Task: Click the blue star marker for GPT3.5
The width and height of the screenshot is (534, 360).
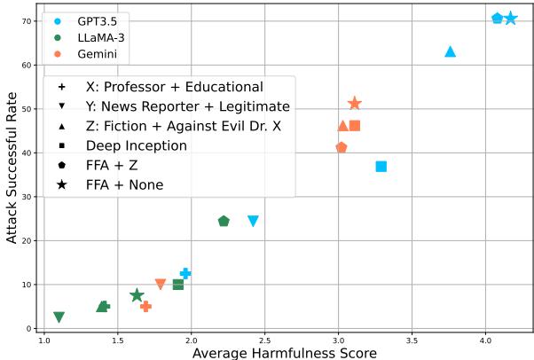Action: [510, 19]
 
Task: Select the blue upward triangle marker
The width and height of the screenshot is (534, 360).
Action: [450, 51]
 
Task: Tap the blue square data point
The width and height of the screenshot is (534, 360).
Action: [381, 166]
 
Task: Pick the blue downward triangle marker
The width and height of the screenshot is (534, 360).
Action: [253, 221]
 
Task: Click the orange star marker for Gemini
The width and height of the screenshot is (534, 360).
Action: [355, 104]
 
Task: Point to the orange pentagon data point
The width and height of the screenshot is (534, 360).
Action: [342, 147]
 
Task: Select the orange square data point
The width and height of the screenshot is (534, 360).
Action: [355, 126]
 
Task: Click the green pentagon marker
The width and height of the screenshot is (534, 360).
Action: [224, 221]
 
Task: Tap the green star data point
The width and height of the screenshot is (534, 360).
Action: [137, 295]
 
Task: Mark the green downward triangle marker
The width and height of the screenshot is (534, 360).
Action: [59, 317]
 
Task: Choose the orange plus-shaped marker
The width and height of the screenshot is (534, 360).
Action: [146, 306]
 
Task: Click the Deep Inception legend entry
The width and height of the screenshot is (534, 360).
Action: [136, 145]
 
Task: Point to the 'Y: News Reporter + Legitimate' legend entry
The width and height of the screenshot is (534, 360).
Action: [187, 106]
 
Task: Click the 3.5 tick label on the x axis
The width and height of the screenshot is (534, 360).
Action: [412, 340]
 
